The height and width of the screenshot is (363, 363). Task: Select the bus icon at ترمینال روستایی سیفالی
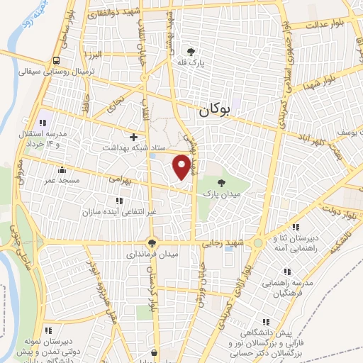(56, 61)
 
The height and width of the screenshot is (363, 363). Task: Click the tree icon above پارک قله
(190, 51)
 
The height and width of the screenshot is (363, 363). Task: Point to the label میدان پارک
(223, 193)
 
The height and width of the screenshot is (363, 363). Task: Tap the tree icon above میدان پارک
(224, 182)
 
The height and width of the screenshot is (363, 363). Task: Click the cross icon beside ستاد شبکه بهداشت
(133, 136)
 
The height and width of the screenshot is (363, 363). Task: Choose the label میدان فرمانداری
(152, 253)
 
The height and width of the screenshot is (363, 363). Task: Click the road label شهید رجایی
(224, 242)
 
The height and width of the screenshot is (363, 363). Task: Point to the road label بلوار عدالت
(328, 25)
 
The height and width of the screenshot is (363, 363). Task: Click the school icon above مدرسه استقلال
(41, 116)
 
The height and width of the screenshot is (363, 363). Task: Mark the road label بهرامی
(121, 181)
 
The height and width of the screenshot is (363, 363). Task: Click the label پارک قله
(190, 62)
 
